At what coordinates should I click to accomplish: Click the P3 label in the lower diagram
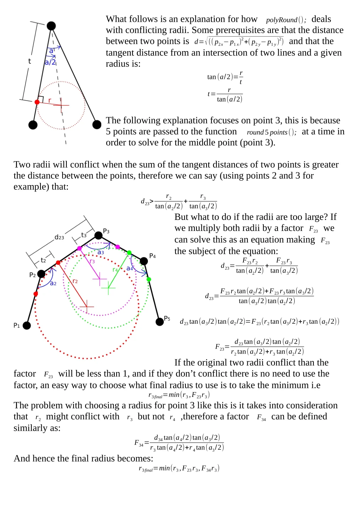tap(106, 231)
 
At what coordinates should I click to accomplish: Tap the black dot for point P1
tap(27, 325)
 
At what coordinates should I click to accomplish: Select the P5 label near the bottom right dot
tap(167, 318)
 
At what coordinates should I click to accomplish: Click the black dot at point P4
tap(144, 261)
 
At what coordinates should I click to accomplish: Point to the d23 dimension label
tap(59, 237)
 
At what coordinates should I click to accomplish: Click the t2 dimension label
tap(43, 260)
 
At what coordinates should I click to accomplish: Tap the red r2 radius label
tap(75, 281)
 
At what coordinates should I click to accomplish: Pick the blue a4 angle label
tap(130, 269)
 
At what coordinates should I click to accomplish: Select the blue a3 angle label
tap(101, 252)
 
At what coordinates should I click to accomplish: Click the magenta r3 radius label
tap(92, 262)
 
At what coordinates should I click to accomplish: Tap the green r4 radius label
tap(115, 270)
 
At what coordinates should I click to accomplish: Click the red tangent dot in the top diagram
tap(37, 102)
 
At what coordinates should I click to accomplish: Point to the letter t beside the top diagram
tap(29, 61)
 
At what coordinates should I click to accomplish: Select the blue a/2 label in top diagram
tap(50, 62)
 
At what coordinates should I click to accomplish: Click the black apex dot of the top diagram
tap(51, 26)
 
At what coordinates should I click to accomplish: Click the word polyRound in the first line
tap(281, 20)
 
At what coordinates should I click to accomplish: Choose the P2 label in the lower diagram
tap(32, 275)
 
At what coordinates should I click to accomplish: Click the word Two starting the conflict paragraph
tap(21, 165)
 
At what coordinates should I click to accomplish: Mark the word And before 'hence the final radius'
tap(22, 458)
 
